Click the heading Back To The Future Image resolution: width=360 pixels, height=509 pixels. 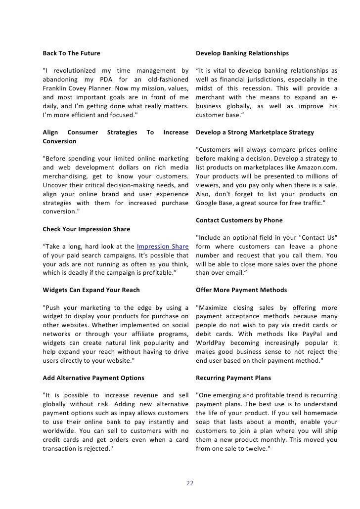click(x=71, y=53)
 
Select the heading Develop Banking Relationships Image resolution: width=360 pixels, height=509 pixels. click(x=242, y=53)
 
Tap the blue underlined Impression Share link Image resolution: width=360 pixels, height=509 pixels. click(x=163, y=247)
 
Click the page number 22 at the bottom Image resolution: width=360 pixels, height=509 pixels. click(x=190, y=483)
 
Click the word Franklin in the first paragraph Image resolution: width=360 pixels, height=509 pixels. click(x=57, y=88)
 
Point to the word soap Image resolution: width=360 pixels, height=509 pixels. click(x=204, y=422)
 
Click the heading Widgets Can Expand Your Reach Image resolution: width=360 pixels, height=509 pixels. click(x=91, y=290)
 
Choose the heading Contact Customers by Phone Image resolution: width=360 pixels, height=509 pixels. click(x=239, y=220)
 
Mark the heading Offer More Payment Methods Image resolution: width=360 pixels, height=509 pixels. click(x=241, y=290)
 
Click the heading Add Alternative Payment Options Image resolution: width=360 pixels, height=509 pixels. click(x=93, y=378)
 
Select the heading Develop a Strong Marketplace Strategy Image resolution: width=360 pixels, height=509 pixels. click(x=255, y=132)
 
